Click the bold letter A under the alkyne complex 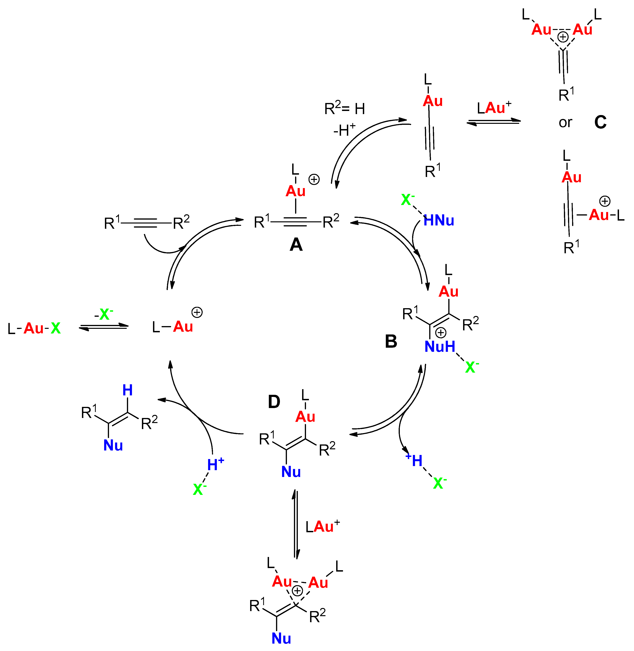click(x=296, y=245)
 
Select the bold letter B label click(x=391, y=341)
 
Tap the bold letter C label click(x=600, y=122)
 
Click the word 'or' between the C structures click(x=565, y=122)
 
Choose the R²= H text click(x=345, y=109)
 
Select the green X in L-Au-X click(x=56, y=328)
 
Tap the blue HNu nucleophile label click(x=439, y=220)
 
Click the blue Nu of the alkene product click(x=113, y=445)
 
